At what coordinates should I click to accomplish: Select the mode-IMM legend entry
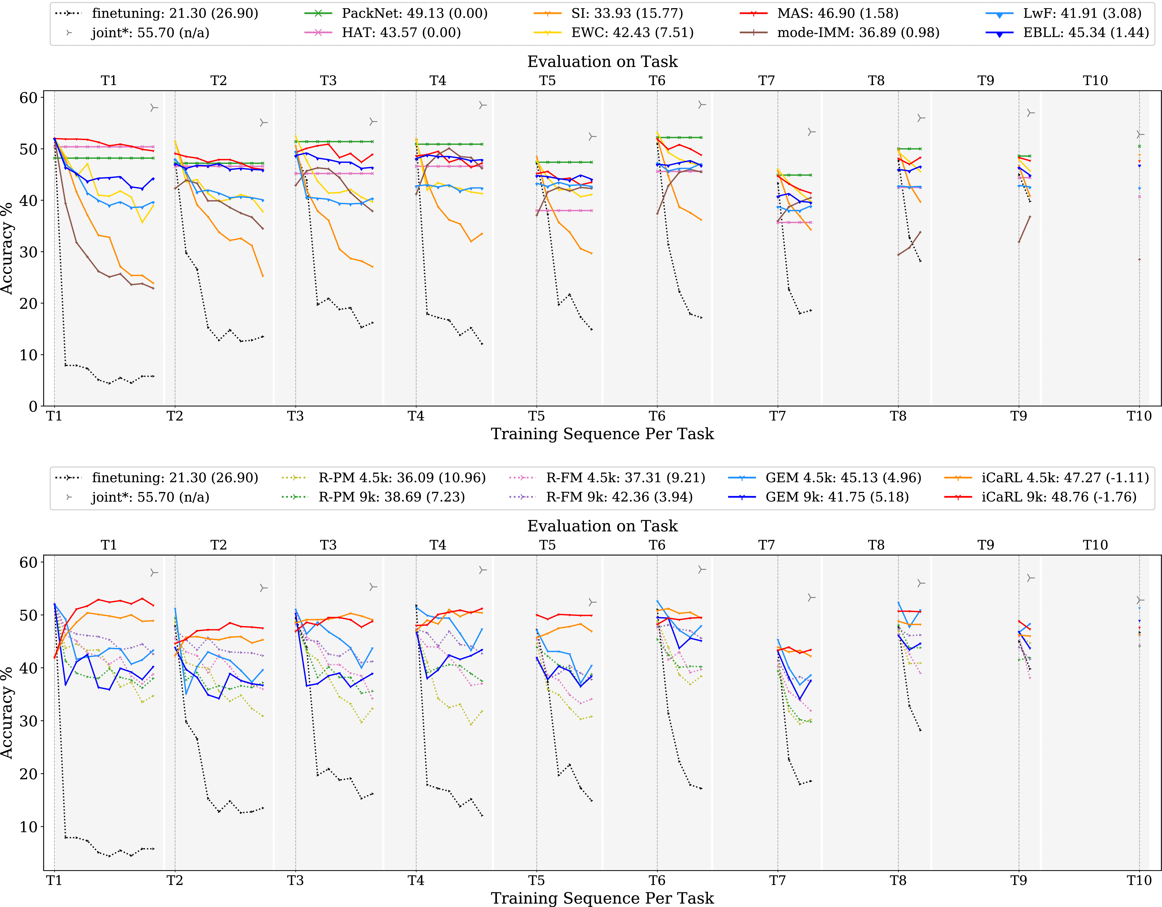coord(858,32)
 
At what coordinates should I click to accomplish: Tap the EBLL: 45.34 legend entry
coord(1085,32)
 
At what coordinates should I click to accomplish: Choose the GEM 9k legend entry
coord(836,497)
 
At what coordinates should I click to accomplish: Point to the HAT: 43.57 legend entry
coord(401,32)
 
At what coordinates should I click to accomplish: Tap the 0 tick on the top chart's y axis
coord(33,406)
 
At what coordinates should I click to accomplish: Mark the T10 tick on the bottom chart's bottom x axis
coord(1139,880)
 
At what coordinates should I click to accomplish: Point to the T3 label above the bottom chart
coord(328,545)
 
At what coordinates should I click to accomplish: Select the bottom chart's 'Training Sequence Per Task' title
coord(602,898)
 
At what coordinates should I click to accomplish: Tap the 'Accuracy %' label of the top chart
coord(7,249)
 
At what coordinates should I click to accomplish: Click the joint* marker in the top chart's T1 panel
coord(154,108)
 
